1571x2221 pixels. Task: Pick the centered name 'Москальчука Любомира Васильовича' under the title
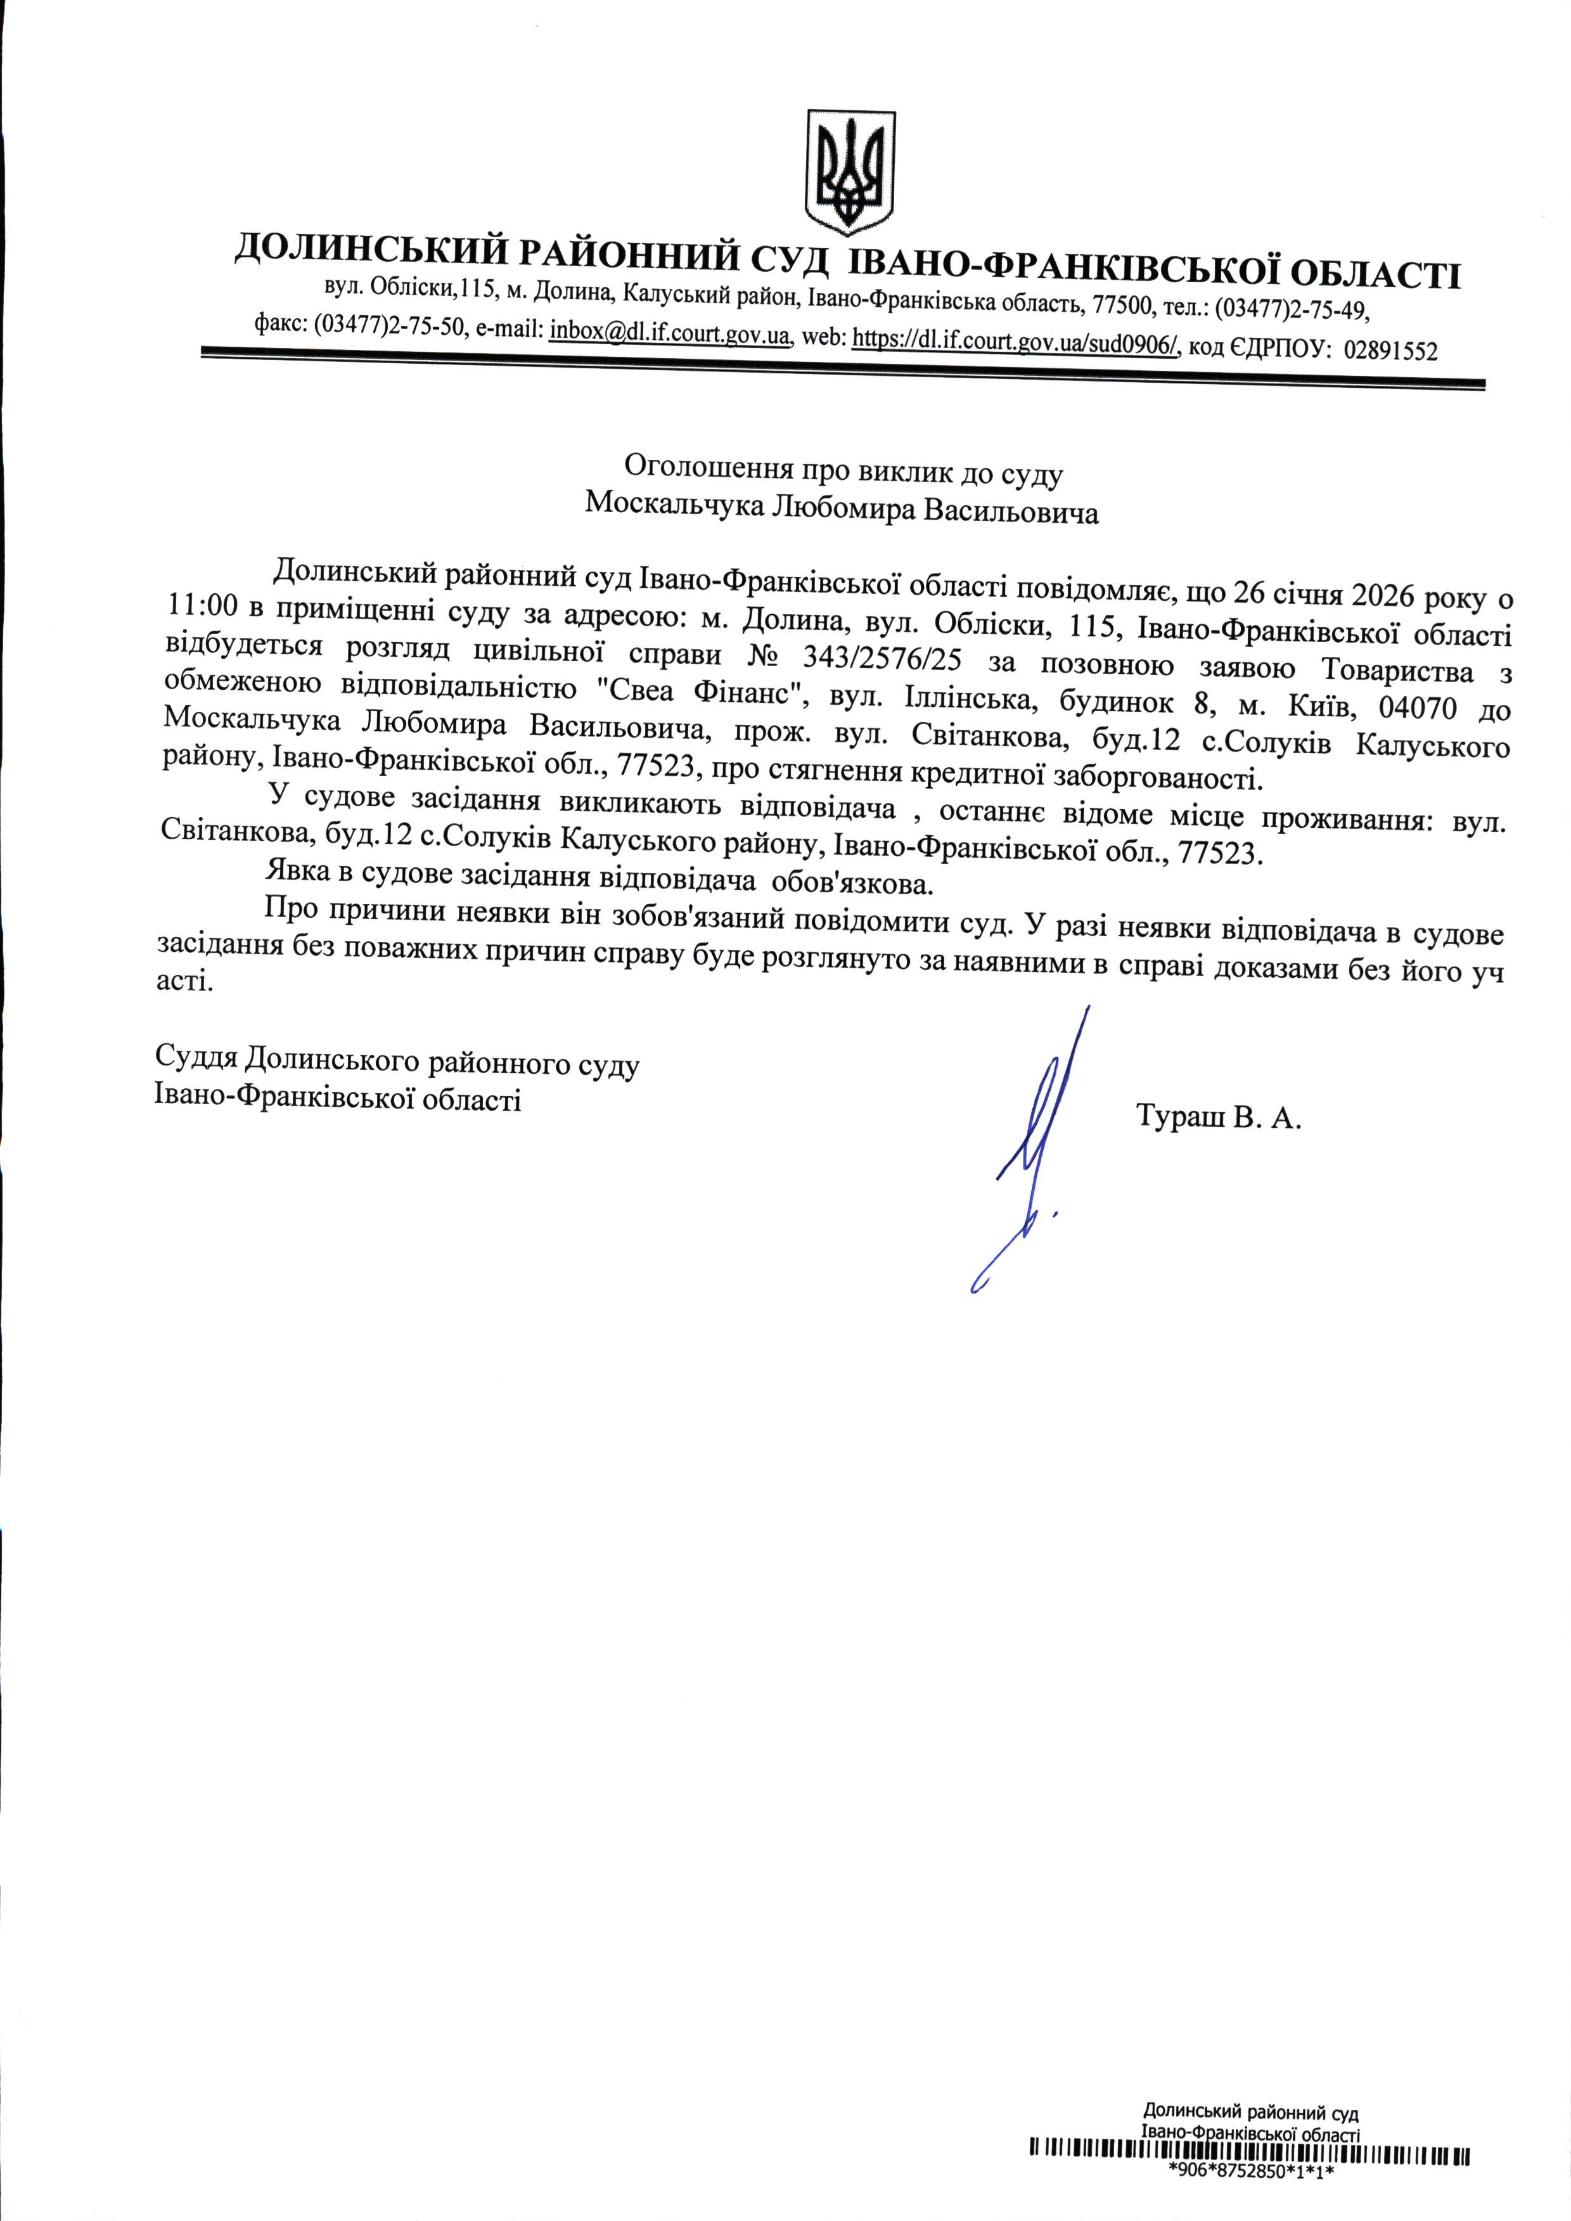[x=842, y=509]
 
